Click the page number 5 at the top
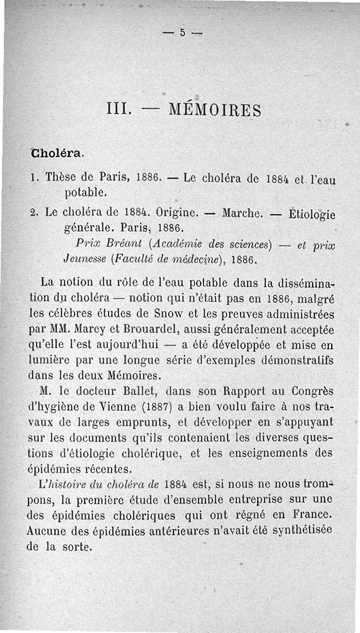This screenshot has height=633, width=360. point(183,32)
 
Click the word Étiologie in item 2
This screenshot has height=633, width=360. point(311,212)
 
